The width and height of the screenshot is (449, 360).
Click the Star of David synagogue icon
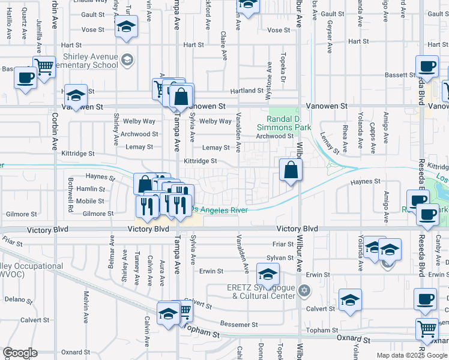(304, 291)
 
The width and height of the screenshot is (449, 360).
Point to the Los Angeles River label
(218, 209)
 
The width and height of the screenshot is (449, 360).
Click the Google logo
(20, 353)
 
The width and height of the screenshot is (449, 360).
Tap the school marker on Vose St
(126, 26)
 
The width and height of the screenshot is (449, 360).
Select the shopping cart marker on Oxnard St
(427, 328)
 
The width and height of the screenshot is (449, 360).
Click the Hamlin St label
(91, 189)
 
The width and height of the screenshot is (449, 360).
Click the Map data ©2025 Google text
(411, 355)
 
